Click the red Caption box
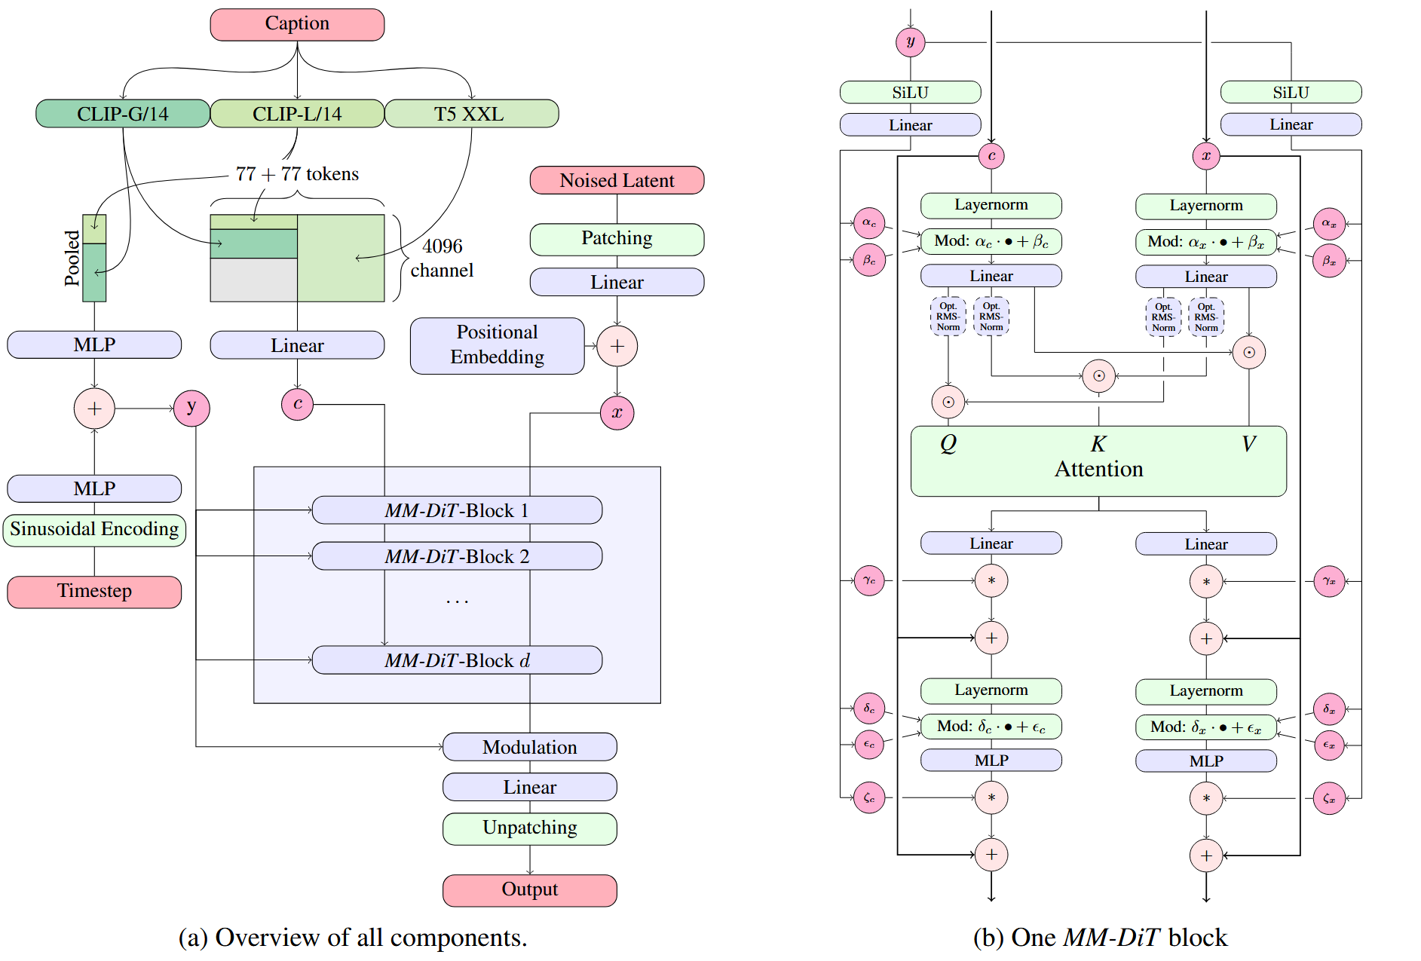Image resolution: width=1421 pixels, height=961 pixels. (297, 24)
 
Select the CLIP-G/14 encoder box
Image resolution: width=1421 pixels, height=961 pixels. (122, 114)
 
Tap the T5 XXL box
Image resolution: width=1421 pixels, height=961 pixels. (471, 114)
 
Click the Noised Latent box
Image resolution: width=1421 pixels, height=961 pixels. (617, 180)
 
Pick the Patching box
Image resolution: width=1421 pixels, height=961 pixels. (617, 238)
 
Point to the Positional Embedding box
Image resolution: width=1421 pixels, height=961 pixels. (497, 345)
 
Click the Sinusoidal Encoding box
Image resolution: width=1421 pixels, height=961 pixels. (94, 529)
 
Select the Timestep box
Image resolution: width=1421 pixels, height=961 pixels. (94, 591)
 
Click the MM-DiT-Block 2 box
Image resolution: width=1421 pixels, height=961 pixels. (457, 556)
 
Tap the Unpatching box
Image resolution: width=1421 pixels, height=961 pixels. (529, 828)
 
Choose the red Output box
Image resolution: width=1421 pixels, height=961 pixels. (529, 889)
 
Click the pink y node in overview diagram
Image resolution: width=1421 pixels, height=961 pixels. (191, 408)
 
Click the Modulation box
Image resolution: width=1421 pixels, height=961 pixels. (529, 747)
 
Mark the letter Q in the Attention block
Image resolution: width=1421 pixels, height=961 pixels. (948, 443)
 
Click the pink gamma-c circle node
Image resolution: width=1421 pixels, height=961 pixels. (869, 580)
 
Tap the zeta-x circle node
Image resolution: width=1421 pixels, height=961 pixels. (1329, 798)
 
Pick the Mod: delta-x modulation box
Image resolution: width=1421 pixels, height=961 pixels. (1205, 727)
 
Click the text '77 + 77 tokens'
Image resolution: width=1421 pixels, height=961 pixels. (297, 174)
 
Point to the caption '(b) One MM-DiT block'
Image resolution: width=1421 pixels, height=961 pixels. (1100, 937)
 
